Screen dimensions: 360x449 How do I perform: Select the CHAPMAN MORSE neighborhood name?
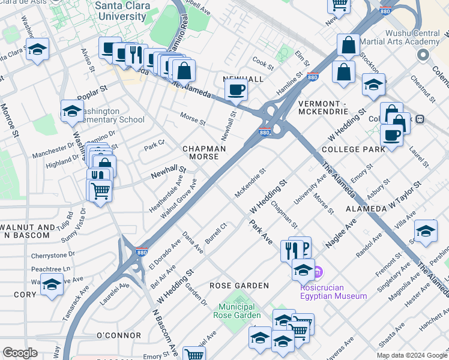tap(204, 152)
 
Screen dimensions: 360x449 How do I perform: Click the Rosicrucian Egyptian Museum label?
tap(334, 291)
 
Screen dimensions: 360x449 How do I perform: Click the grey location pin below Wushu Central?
tap(423, 55)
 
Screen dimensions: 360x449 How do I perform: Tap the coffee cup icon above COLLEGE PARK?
tap(391, 136)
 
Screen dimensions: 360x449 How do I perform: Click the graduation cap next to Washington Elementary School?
tap(71, 110)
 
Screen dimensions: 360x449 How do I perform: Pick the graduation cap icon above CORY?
tap(52, 284)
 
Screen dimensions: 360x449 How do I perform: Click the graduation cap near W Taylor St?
tap(425, 230)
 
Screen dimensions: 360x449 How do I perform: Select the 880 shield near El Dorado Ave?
tap(141, 253)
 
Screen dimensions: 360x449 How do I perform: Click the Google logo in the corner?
tap(20, 353)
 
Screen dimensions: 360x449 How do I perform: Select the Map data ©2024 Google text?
tap(411, 355)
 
